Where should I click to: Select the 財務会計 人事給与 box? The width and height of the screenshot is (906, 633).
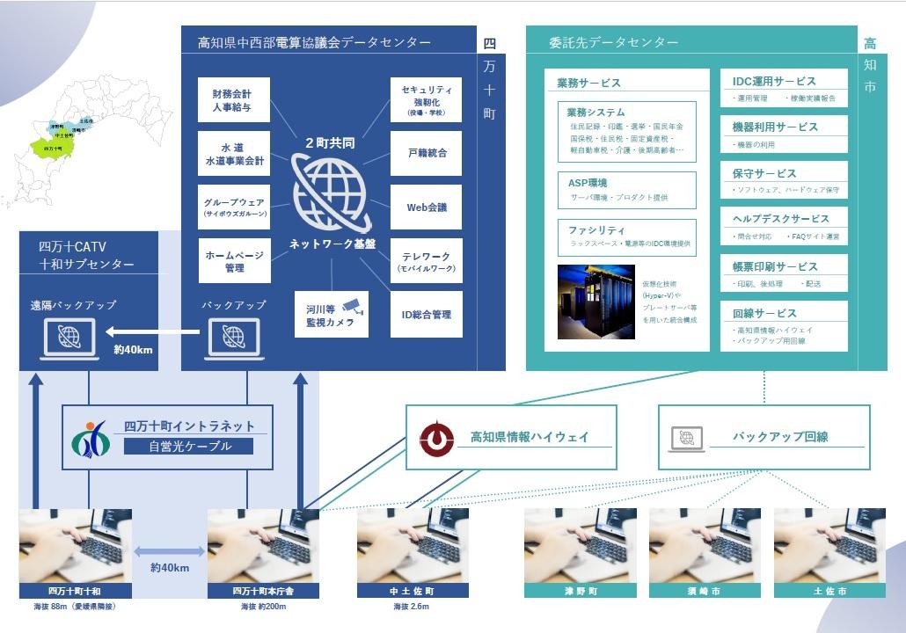pyautogui.click(x=234, y=100)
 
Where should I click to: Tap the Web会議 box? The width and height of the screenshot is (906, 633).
pyautogui.click(x=427, y=207)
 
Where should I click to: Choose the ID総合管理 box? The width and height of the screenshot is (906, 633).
pyautogui.click(x=427, y=314)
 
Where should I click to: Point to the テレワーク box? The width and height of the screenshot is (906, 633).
pyautogui.click(x=427, y=261)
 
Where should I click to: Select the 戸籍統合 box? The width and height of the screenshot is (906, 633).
pyautogui.click(x=427, y=153)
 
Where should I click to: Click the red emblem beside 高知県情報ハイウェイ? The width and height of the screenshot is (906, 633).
pyautogui.click(x=436, y=437)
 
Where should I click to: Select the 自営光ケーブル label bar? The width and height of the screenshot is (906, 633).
pyautogui.click(x=188, y=447)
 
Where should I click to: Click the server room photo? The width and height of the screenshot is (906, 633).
pyautogui.click(x=595, y=302)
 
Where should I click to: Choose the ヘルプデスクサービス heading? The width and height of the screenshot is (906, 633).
pyautogui.click(x=781, y=219)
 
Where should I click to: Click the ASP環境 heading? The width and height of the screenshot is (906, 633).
pyautogui.click(x=588, y=182)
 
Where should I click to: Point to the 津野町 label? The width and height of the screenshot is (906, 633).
pyautogui.click(x=581, y=592)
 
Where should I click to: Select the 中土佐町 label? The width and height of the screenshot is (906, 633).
pyautogui.click(x=413, y=592)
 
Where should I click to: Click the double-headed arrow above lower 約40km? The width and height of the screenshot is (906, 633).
pyautogui.click(x=170, y=551)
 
